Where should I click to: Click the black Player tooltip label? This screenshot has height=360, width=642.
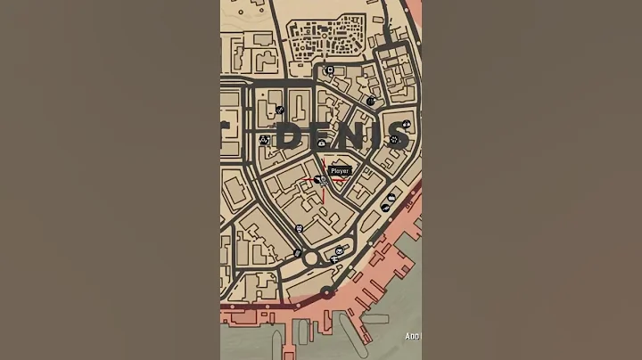[340, 170]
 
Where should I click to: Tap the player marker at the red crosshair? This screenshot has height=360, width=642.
[323, 181]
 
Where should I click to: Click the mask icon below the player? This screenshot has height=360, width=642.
[300, 228]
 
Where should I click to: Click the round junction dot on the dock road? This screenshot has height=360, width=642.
[326, 291]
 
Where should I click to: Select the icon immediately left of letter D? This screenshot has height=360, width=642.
[264, 140]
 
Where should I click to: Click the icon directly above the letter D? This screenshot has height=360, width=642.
[280, 110]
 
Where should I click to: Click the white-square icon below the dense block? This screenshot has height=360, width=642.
[330, 70]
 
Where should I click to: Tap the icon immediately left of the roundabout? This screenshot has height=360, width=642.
[297, 254]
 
